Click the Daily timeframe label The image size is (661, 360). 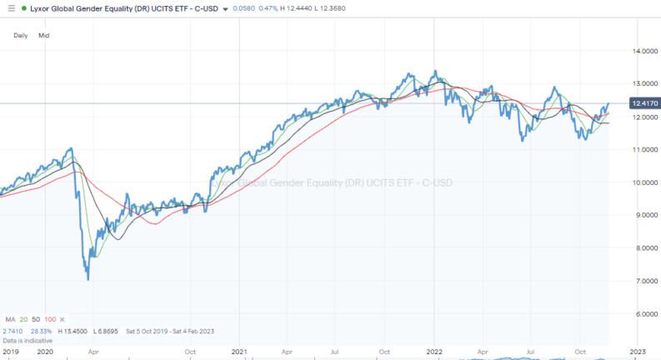click(x=21, y=36)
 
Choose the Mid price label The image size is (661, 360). click(x=44, y=36)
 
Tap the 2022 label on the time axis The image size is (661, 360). click(x=433, y=352)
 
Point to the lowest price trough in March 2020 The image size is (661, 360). click(x=88, y=279)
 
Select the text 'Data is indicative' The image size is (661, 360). click(x=27, y=341)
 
